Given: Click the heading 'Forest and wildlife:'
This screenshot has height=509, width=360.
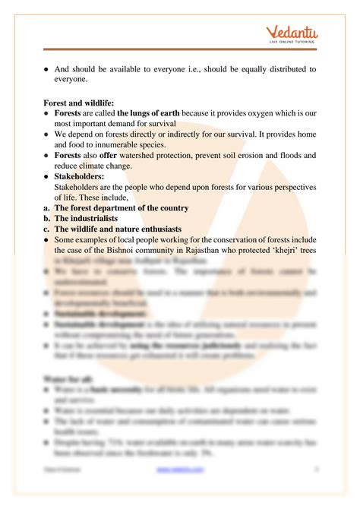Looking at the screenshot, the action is click(81, 102).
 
